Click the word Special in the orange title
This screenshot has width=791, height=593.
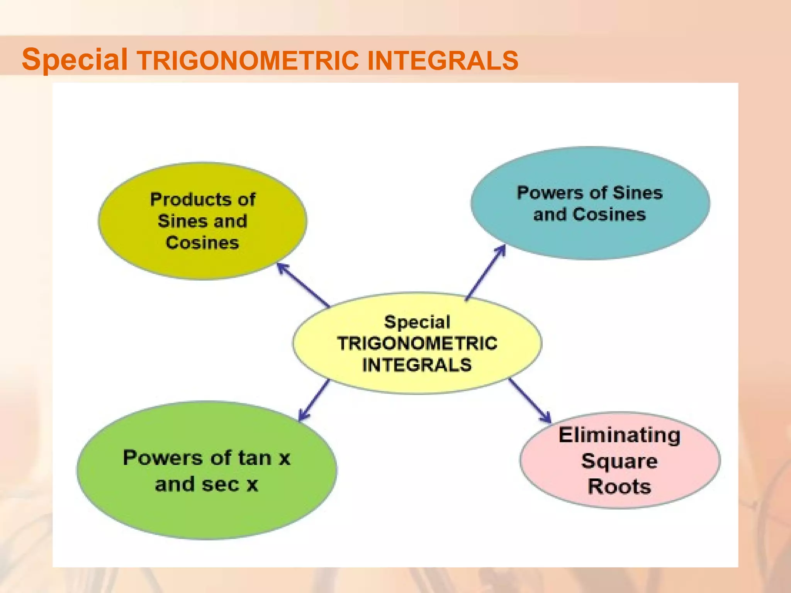tap(75, 59)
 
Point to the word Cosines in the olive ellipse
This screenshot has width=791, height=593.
tap(202, 243)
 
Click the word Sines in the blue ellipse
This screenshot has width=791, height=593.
tap(637, 193)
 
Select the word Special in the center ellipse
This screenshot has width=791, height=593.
tap(417, 322)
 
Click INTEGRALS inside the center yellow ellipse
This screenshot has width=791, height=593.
tap(417, 365)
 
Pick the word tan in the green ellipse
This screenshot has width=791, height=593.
tap(255, 458)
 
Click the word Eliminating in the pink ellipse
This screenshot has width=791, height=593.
tap(620, 435)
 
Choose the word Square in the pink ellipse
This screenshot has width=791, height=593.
tap(619, 461)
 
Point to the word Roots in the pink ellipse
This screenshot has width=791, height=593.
tap(620, 486)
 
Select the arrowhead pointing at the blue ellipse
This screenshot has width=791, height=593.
tap(501, 251)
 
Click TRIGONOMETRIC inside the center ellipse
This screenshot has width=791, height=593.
tap(417, 344)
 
